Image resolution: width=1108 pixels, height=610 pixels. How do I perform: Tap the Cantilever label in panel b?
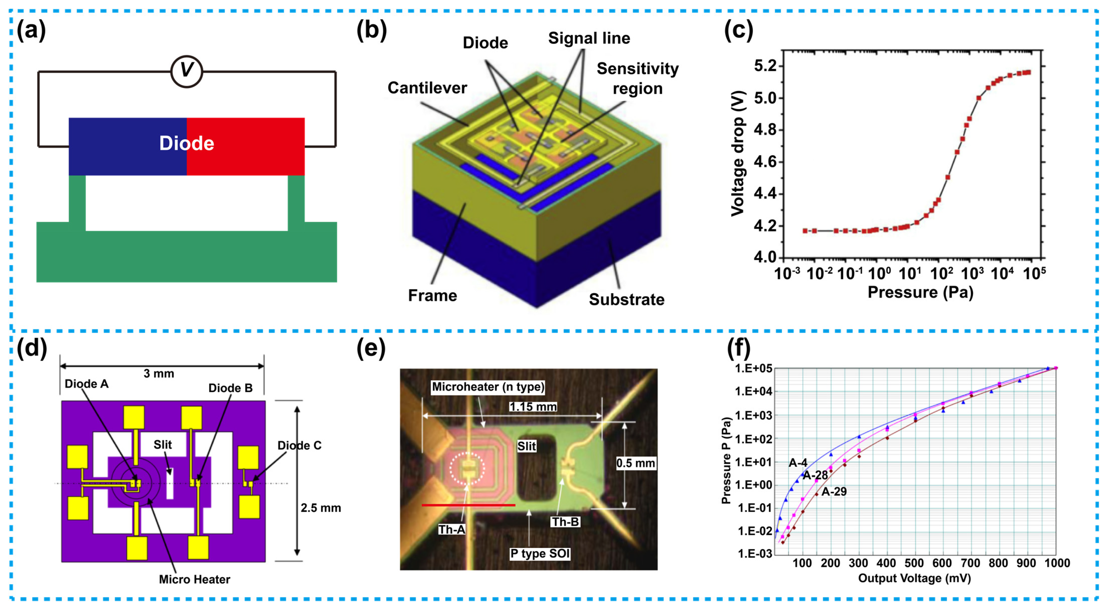[427, 88]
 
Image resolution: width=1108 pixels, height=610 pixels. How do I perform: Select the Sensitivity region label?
[637, 78]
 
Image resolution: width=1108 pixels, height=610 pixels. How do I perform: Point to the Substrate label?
[626, 299]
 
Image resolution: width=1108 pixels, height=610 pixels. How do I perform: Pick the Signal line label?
[589, 38]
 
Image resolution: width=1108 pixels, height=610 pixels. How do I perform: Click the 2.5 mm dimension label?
[320, 508]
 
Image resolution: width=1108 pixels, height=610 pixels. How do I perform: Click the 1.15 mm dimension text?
[533, 407]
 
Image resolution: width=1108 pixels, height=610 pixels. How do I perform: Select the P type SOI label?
[540, 554]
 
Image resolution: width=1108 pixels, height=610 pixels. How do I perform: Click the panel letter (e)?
[371, 348]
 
